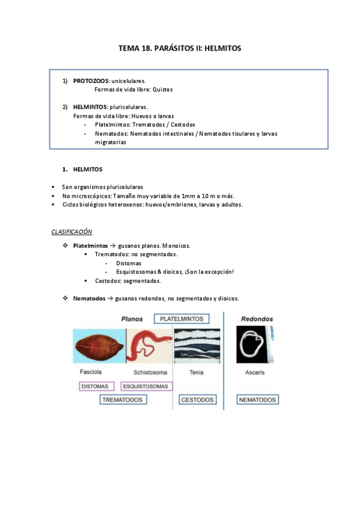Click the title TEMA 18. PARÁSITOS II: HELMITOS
(180, 48)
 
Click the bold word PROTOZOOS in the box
(91, 81)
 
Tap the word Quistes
(163, 89)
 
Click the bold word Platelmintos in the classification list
(91, 245)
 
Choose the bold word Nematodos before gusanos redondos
(89, 298)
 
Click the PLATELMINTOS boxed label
(181, 319)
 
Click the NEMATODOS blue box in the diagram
(257, 399)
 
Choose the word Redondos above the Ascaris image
(257, 319)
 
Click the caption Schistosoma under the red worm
(146, 372)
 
